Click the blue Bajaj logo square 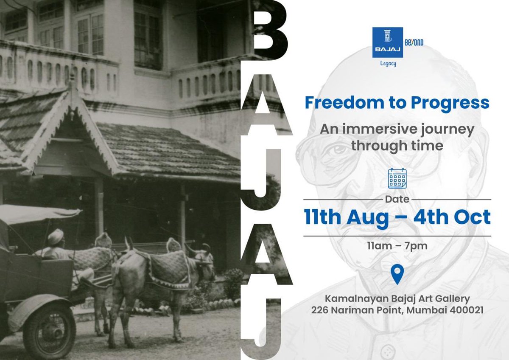click(387, 42)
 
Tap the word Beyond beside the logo click(414, 42)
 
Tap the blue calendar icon click(397, 178)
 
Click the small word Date click(397, 199)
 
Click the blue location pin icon click(397, 274)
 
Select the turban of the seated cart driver click(56, 237)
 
